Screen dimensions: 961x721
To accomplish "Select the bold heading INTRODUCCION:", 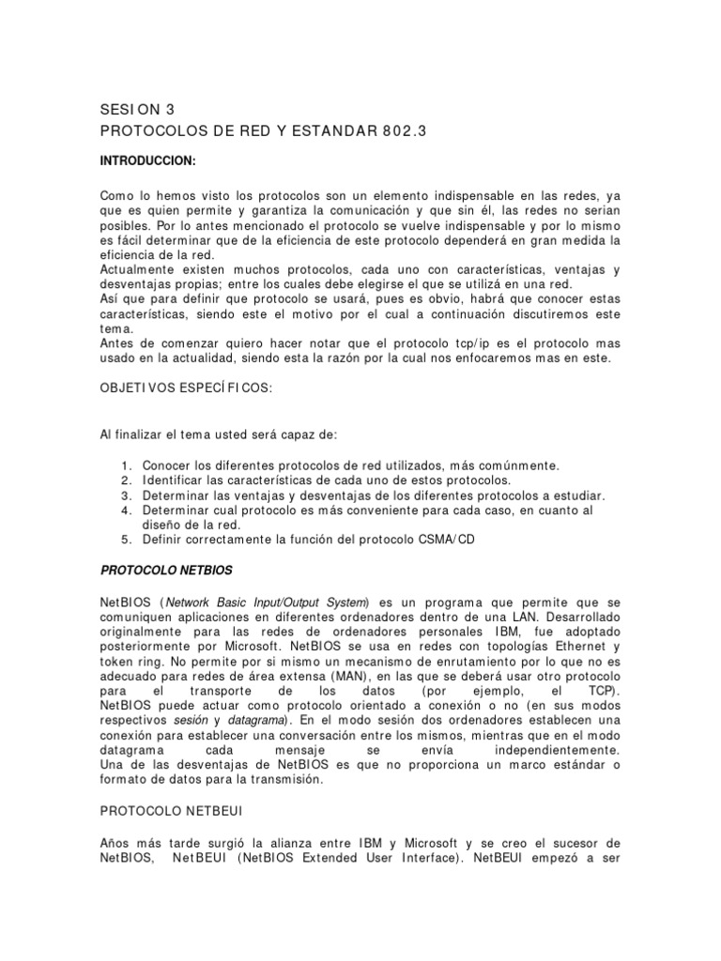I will [x=147, y=160].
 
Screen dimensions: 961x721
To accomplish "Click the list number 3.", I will [x=125, y=495].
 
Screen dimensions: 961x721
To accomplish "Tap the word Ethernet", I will [x=575, y=645].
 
